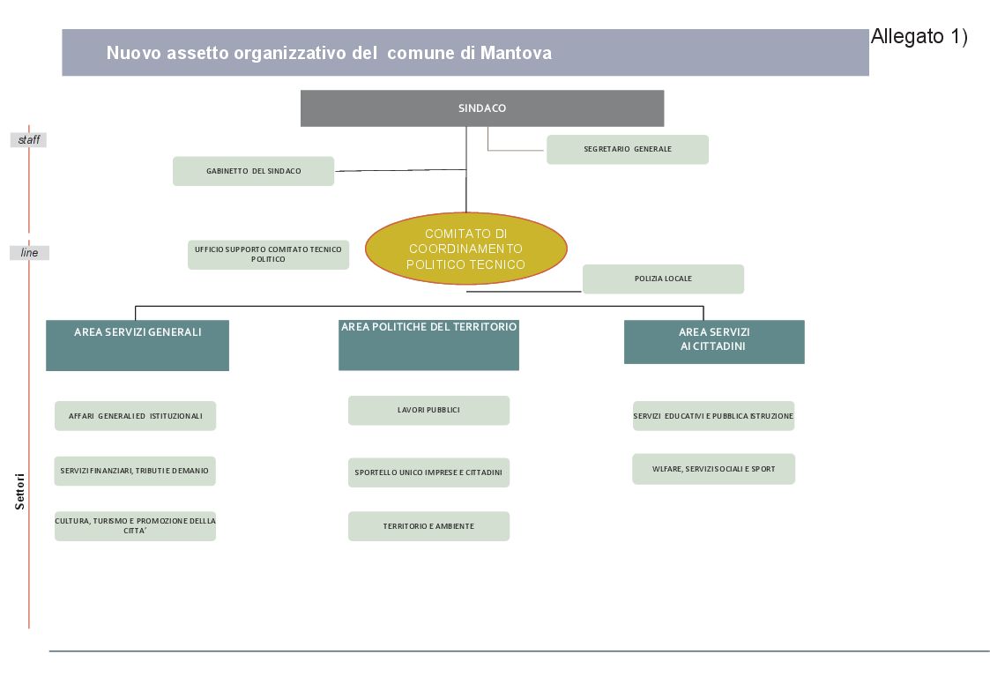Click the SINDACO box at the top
coord(481,108)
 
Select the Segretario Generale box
coord(627,149)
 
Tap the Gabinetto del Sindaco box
coord(253,171)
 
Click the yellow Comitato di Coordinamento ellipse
coord(465,249)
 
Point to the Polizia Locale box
coord(663,279)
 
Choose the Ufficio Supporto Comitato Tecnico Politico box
coord(268,255)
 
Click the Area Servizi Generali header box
coord(138,345)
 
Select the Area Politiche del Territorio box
coord(428,345)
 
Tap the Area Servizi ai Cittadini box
coord(714,342)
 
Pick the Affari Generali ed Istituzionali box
coord(135,416)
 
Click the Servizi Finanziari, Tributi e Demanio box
coord(135,471)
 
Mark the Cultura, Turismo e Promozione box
coord(135,525)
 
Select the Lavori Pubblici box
coord(428,410)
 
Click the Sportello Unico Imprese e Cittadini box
coord(428,472)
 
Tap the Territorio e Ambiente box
coord(428,526)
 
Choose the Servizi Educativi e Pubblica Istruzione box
coord(713,416)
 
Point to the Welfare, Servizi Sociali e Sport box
coord(713,469)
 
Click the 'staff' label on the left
coord(28,140)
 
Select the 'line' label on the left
coord(29,253)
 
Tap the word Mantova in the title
coord(516,53)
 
